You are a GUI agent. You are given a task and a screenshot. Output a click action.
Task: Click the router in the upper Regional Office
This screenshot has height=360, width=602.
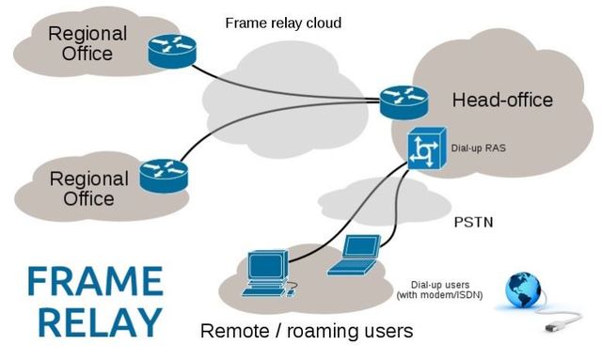tap(171, 52)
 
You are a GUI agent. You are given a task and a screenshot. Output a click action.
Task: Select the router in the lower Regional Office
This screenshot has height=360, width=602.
tap(164, 175)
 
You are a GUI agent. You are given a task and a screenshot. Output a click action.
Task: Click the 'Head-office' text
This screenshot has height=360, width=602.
tap(502, 100)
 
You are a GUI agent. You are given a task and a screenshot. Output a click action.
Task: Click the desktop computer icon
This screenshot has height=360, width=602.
tap(265, 271)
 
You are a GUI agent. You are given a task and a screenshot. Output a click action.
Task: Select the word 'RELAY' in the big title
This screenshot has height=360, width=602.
tap(94, 321)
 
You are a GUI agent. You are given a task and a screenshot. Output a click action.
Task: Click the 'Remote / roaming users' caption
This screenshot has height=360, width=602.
tap(307, 332)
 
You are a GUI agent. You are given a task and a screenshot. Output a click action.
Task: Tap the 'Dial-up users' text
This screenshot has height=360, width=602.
tap(442, 285)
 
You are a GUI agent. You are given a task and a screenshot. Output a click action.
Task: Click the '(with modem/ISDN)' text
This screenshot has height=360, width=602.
tap(442, 297)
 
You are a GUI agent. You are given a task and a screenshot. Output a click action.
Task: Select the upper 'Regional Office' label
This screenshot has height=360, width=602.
tap(87, 42)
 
